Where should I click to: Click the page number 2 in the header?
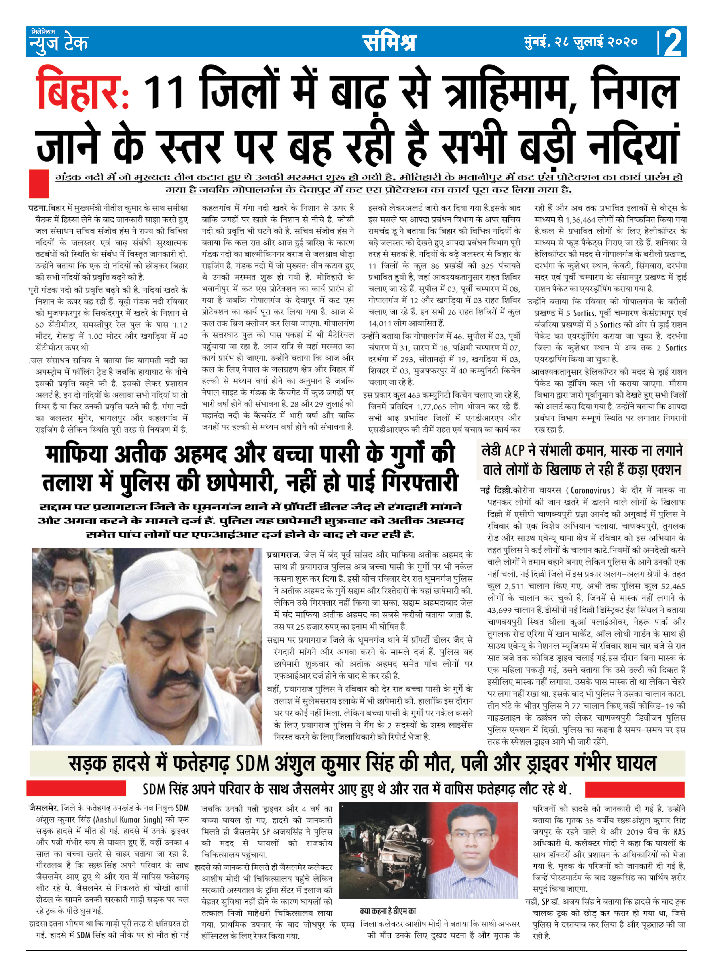coord(673,42)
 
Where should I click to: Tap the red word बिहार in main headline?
coord(82,91)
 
